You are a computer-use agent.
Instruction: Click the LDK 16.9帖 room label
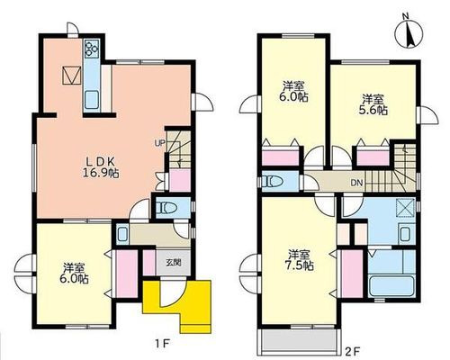pos(101,168)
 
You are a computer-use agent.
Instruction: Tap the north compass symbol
pos(409,32)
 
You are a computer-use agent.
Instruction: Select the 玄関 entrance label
pos(174,263)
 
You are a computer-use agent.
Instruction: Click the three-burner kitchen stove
pos(91,49)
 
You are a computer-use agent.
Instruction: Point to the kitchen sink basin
pos(92,100)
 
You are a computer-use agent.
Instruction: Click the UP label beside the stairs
pos(159,143)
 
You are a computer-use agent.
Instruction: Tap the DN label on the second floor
pos(356,183)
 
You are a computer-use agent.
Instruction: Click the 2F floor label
pos(353,350)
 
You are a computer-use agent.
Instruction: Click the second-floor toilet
pos(273,182)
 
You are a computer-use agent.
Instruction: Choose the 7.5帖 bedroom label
pos(301,260)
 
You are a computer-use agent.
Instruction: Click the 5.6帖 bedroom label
pos(373,104)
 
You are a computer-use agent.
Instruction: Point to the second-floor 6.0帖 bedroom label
pos(296,92)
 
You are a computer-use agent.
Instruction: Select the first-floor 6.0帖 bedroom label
pos(74,274)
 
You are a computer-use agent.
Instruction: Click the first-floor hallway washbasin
pos(122,234)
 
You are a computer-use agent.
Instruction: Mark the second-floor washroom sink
pos(406,234)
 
